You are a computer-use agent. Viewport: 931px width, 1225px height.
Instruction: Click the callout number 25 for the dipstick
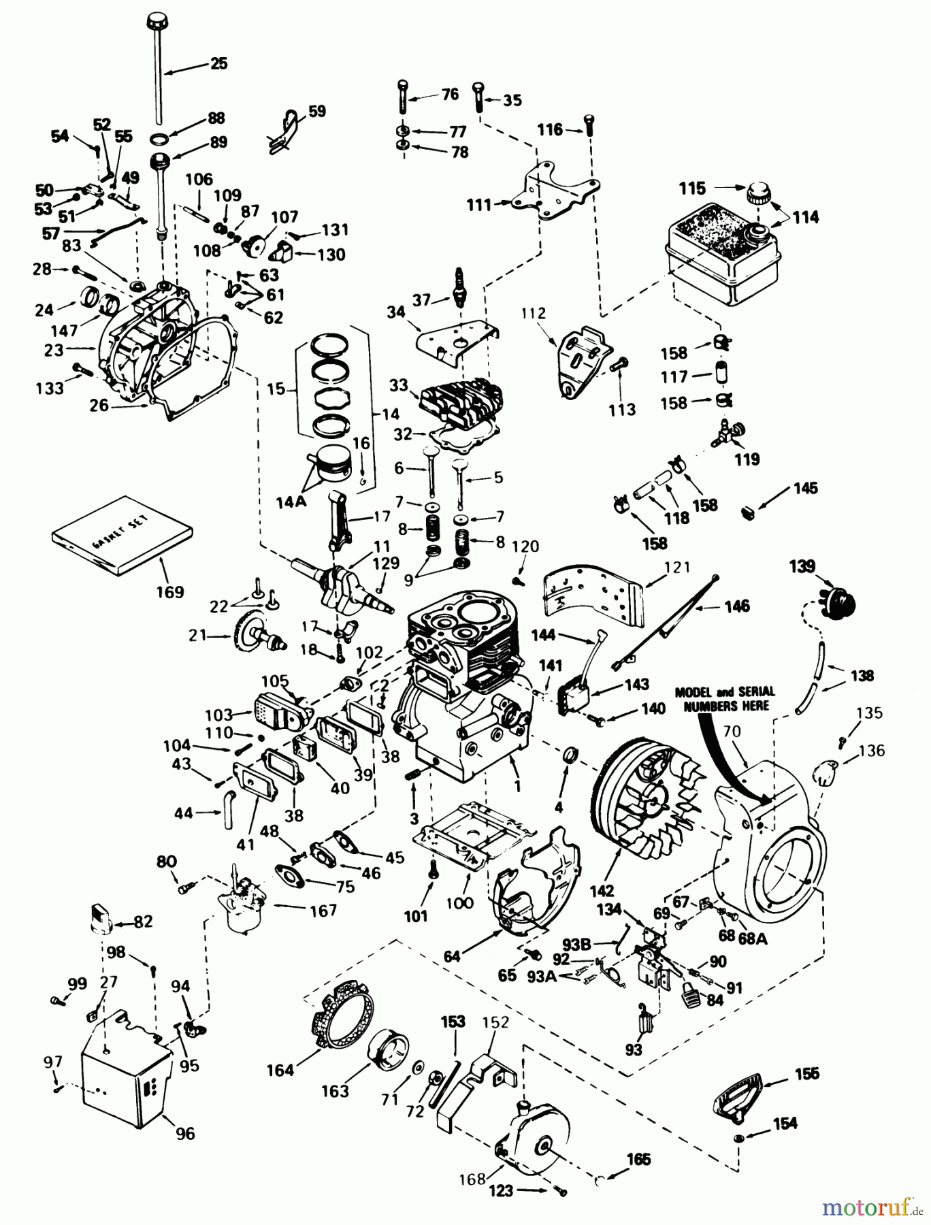(x=218, y=64)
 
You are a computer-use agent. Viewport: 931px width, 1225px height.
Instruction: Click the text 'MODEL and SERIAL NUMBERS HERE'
(x=724, y=698)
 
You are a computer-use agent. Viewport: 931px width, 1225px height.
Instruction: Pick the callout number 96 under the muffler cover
(x=185, y=1133)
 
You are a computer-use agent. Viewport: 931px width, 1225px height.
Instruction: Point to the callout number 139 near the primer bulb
(x=802, y=566)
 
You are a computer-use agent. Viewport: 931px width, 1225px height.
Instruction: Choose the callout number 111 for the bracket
(x=479, y=204)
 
